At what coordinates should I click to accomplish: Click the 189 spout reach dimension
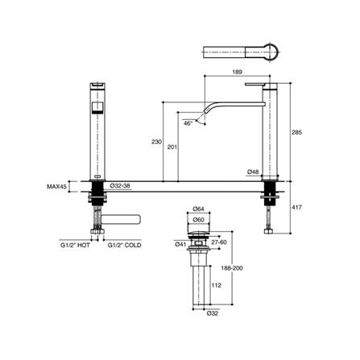(x=238, y=72)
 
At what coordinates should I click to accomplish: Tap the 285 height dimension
(x=297, y=132)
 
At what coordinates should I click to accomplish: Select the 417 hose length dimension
(x=297, y=207)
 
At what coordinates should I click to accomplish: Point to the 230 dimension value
(x=156, y=142)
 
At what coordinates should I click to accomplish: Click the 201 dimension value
(x=172, y=147)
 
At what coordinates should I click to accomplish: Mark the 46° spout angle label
(x=188, y=123)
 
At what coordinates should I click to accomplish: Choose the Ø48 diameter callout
(x=253, y=172)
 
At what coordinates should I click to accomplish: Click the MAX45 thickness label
(x=56, y=187)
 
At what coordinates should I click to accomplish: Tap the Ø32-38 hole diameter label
(x=120, y=185)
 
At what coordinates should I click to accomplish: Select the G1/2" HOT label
(x=75, y=245)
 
